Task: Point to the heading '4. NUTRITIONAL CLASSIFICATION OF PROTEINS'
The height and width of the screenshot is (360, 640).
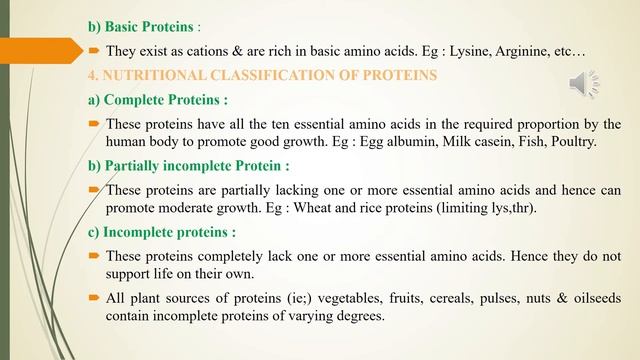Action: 263,74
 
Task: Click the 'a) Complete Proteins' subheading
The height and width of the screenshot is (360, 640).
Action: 158,99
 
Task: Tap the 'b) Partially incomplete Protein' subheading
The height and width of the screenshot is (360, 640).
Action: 189,166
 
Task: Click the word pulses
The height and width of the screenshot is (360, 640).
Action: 482,299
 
